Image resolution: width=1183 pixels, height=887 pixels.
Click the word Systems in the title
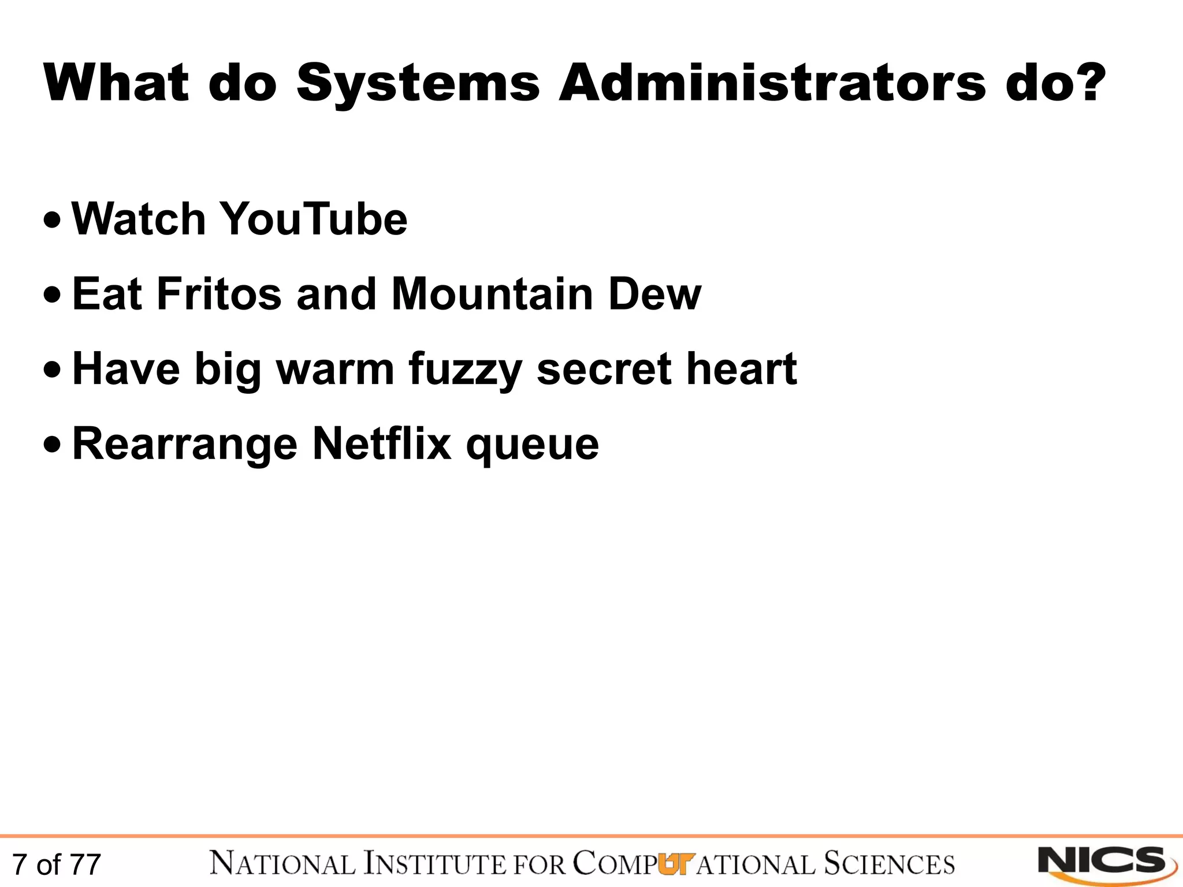(418, 84)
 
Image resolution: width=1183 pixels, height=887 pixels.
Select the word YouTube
(314, 219)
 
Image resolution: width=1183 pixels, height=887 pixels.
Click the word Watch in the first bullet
(139, 219)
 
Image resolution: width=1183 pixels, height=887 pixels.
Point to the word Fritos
(220, 295)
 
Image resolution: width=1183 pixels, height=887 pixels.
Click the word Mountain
(492, 295)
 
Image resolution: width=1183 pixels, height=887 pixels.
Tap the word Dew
(654, 295)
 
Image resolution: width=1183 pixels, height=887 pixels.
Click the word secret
(604, 370)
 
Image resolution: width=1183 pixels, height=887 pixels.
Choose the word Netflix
(382, 444)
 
